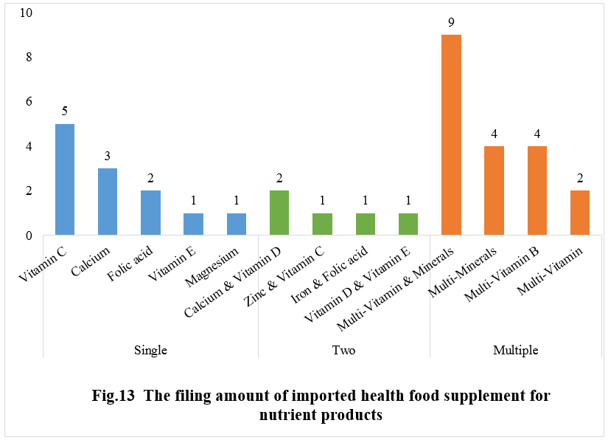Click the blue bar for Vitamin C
pyautogui.click(x=65, y=179)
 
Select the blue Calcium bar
pyautogui.click(x=108, y=202)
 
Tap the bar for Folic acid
pyautogui.click(x=150, y=213)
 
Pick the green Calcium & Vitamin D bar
pyautogui.click(x=279, y=213)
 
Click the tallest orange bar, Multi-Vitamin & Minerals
pyautogui.click(x=451, y=135)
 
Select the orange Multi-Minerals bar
pyautogui.click(x=494, y=190)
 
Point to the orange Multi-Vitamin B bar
pyautogui.click(x=537, y=190)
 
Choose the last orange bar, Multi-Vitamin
pyautogui.click(x=580, y=213)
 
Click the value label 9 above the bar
pyautogui.click(x=451, y=22)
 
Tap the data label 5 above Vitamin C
pyautogui.click(x=65, y=111)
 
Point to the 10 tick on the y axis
pyautogui.click(x=26, y=13)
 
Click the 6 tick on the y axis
pyautogui.click(x=29, y=102)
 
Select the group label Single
pyautogui.click(x=150, y=350)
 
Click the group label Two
pyautogui.click(x=343, y=350)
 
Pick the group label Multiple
pyautogui.click(x=515, y=350)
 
